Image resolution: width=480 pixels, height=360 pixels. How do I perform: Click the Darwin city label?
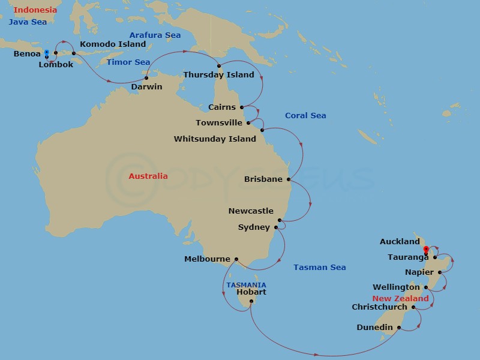(x=146, y=86)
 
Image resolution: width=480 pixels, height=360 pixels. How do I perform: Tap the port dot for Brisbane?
(x=289, y=179)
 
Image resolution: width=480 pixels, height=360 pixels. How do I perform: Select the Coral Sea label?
(x=305, y=116)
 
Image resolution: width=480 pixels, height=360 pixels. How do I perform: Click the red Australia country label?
(x=148, y=176)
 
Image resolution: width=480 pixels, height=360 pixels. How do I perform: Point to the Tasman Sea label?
(x=319, y=268)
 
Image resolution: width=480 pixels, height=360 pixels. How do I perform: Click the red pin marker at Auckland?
(x=426, y=250)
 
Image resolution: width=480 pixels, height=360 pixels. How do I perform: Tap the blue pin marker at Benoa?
(x=46, y=53)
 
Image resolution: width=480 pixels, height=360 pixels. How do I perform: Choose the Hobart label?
(x=251, y=292)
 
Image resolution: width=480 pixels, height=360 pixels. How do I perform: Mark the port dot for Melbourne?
(x=236, y=259)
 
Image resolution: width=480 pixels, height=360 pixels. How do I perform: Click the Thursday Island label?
(x=218, y=75)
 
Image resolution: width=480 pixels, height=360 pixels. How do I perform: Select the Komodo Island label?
(x=113, y=44)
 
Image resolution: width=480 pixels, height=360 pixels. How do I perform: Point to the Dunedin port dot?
(x=398, y=327)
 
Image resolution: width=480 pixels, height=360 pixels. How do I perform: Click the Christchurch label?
(x=379, y=307)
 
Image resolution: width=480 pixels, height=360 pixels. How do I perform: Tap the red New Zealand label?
(x=400, y=298)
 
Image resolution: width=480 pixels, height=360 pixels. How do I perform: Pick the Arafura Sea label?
(x=155, y=35)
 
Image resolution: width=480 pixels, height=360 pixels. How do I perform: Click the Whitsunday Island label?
(x=215, y=139)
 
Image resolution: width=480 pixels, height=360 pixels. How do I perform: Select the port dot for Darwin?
(x=146, y=77)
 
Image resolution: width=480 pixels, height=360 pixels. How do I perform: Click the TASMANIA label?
(x=246, y=285)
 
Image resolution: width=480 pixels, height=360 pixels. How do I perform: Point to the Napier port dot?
(x=440, y=272)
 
